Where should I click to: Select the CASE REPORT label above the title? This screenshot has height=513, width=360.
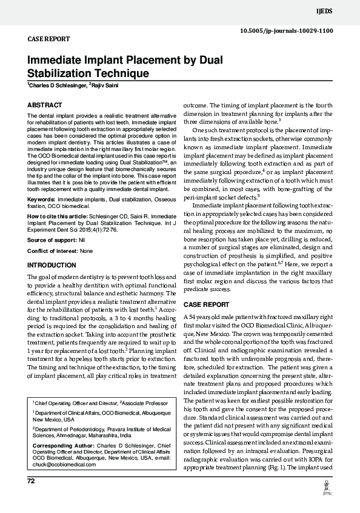click(49, 39)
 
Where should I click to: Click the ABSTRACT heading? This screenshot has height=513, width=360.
click(45, 105)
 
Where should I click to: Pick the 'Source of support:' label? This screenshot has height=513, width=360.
click(52, 223)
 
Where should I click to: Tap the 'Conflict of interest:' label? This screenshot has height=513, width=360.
click(53, 233)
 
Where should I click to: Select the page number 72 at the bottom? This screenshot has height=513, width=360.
click(32, 481)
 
